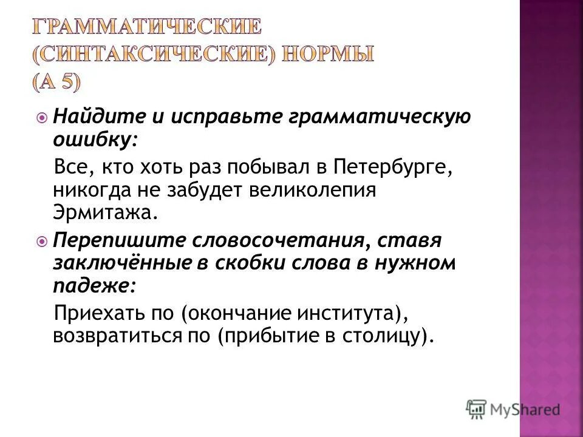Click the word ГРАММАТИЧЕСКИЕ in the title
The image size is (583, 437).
pos(146,27)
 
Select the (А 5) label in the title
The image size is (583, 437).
pos(56,83)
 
